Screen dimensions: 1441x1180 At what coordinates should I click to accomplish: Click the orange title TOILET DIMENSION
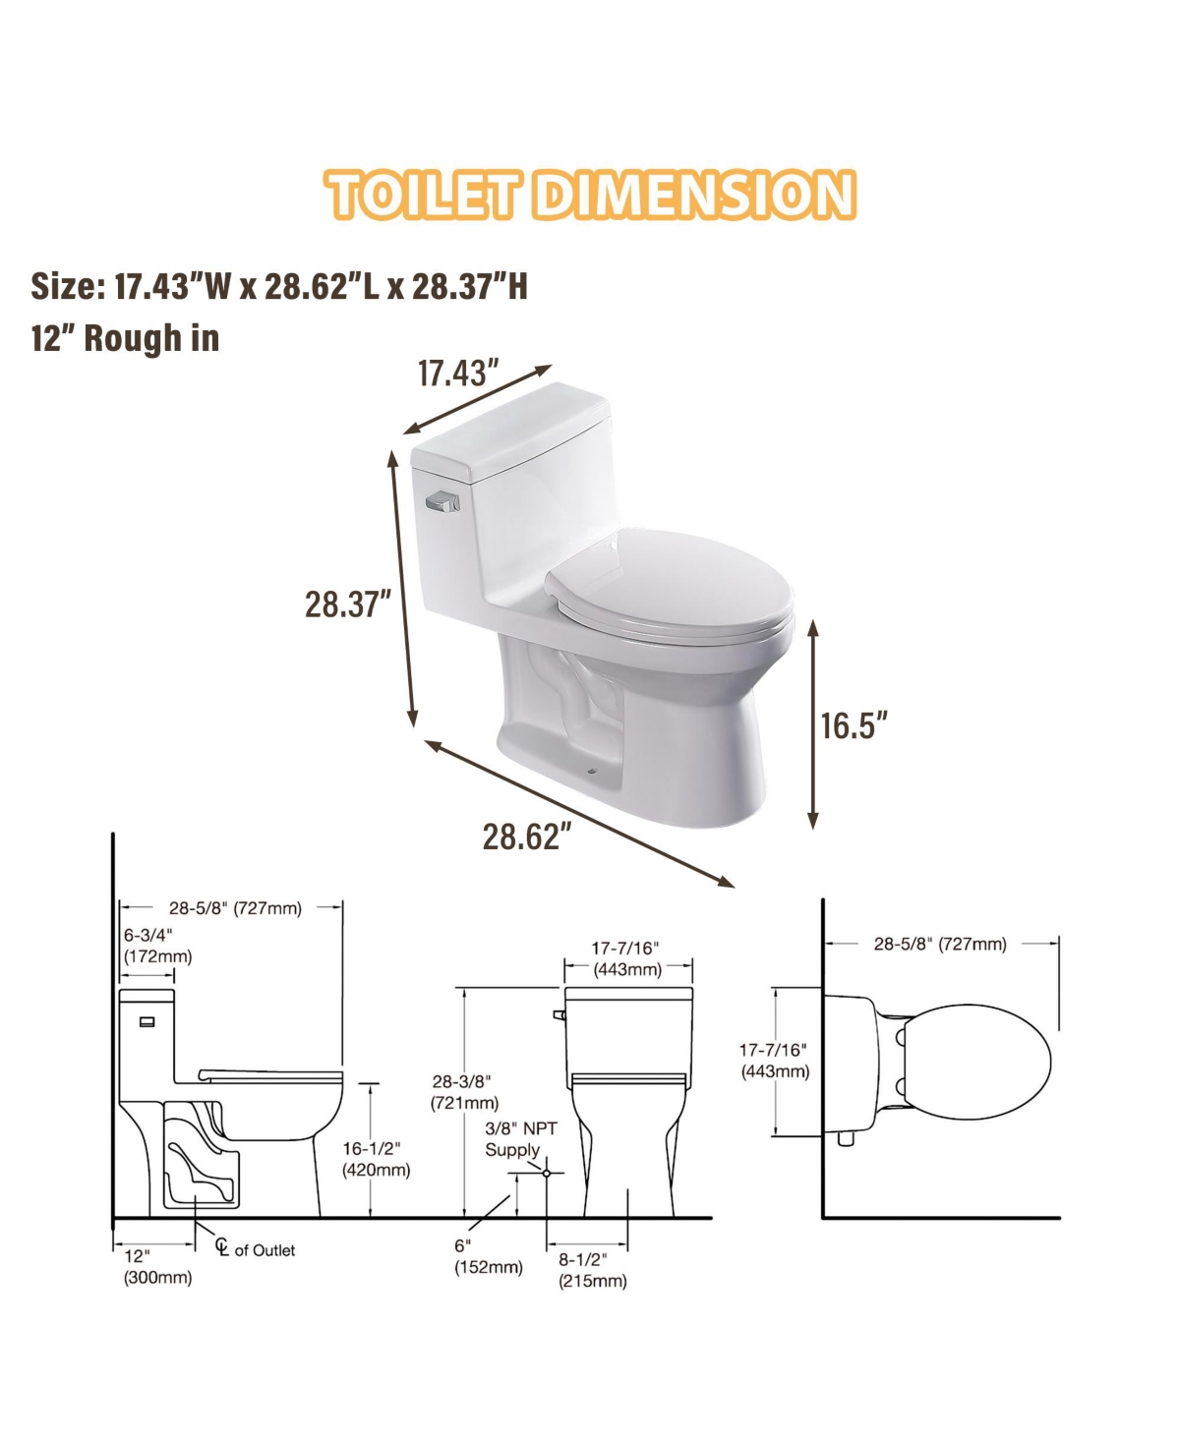click(590, 194)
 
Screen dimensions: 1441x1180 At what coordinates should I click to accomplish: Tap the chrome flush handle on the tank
click(442, 503)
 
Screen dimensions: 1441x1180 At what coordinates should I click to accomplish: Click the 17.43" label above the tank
click(458, 374)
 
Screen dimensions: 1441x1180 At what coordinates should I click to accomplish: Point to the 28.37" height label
click(348, 604)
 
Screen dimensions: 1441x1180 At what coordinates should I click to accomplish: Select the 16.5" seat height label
click(854, 725)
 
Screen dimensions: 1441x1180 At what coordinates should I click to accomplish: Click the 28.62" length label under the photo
click(526, 836)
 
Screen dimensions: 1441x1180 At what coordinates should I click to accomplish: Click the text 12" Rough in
click(125, 338)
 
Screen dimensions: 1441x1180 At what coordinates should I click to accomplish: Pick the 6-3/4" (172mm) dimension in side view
click(157, 945)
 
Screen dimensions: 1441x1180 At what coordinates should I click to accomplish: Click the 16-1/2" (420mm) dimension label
click(376, 1159)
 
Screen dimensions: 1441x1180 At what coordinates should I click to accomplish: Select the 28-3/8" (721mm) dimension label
click(464, 1092)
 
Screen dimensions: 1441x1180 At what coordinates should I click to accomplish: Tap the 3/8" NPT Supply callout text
click(520, 1139)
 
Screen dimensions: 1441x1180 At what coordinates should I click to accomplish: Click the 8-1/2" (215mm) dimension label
click(592, 1270)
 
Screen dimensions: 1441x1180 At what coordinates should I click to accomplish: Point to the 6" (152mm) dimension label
click(488, 1256)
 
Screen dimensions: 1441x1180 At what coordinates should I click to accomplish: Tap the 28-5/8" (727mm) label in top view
click(940, 944)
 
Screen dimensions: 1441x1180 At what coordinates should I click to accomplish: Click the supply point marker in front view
click(547, 1173)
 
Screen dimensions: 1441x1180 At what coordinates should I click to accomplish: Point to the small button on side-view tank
click(147, 1022)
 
